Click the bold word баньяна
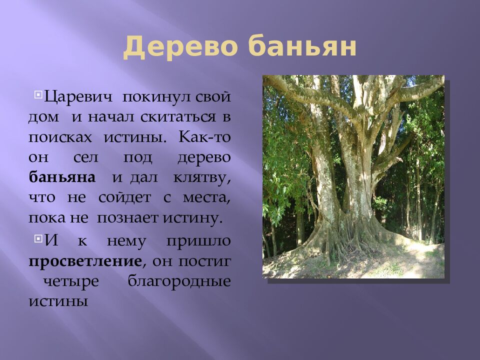click(x=61, y=177)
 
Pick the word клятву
click(x=202, y=177)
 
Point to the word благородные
click(x=179, y=281)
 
